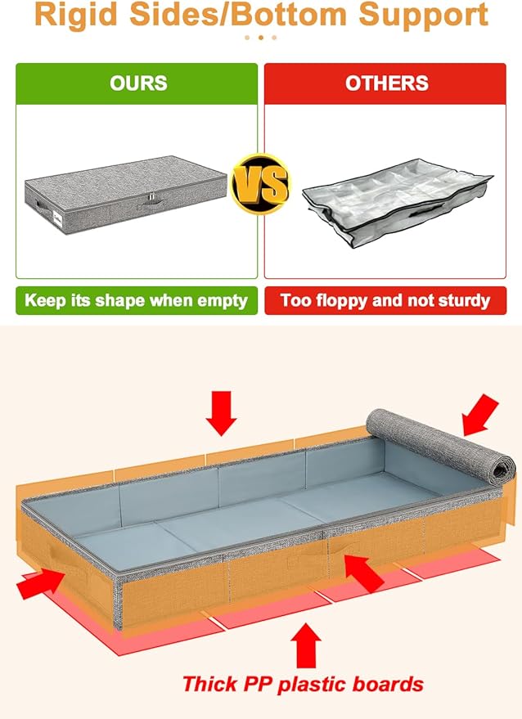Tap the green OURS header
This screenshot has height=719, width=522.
pyautogui.click(x=137, y=83)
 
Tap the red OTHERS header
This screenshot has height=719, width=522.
pyautogui.click(x=387, y=83)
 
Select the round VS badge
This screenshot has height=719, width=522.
pyautogui.click(x=260, y=186)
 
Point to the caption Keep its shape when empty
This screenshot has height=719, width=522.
pyautogui.click(x=136, y=300)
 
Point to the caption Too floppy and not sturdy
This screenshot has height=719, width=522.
pyautogui.click(x=385, y=300)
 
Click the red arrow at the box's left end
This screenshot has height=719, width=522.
pyautogui.click(x=41, y=582)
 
